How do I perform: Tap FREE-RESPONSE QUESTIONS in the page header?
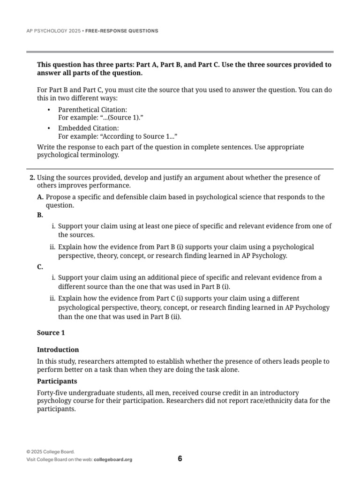tap(122, 31)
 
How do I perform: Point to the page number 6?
tap(180, 458)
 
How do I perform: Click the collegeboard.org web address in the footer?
tap(113, 460)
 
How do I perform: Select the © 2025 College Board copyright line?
tap(51, 452)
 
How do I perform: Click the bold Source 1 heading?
tap(51, 333)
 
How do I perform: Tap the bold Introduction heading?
tap(58, 350)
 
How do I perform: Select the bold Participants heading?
tap(57, 381)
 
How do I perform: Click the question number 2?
tap(32, 178)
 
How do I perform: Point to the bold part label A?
tap(40, 197)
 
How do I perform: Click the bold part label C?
tap(40, 267)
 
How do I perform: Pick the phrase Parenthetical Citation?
tap(89, 109)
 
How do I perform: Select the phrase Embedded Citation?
tap(88, 128)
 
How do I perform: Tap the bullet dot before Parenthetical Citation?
tap(49, 110)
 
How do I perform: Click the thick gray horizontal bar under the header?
tap(180, 52)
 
